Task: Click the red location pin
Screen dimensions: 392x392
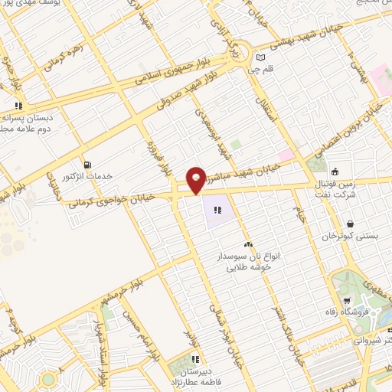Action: pyautogui.click(x=196, y=180)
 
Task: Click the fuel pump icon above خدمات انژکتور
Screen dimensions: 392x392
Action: pyautogui.click(x=87, y=164)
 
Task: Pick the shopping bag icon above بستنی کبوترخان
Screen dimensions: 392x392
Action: pyautogui.click(x=350, y=224)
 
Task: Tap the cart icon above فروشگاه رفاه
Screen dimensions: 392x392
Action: pyautogui.click(x=348, y=300)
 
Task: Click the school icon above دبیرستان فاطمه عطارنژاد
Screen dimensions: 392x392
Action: pyautogui.click(x=195, y=359)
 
